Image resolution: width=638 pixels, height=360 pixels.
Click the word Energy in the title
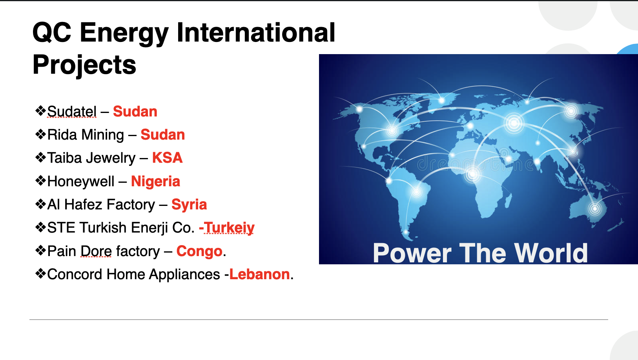click(124, 33)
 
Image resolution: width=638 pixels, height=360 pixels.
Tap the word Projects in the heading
click(84, 65)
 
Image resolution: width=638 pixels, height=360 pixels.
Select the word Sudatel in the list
click(72, 112)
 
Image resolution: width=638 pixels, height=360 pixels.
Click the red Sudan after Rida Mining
click(162, 135)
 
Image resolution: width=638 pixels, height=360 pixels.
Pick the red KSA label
click(167, 158)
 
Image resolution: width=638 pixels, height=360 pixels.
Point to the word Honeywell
click(81, 182)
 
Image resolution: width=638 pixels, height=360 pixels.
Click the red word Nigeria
click(155, 182)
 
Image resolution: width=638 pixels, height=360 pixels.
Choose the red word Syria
click(189, 205)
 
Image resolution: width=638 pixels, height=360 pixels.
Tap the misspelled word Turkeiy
click(230, 228)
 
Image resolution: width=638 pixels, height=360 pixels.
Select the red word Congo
click(199, 251)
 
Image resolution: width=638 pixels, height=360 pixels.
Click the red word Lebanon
click(259, 275)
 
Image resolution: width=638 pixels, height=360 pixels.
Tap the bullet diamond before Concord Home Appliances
click(40, 274)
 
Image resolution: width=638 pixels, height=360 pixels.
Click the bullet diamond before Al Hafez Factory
click(40, 204)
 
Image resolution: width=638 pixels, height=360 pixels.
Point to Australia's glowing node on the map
click(595, 208)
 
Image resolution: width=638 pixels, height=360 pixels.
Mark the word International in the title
click(256, 33)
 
